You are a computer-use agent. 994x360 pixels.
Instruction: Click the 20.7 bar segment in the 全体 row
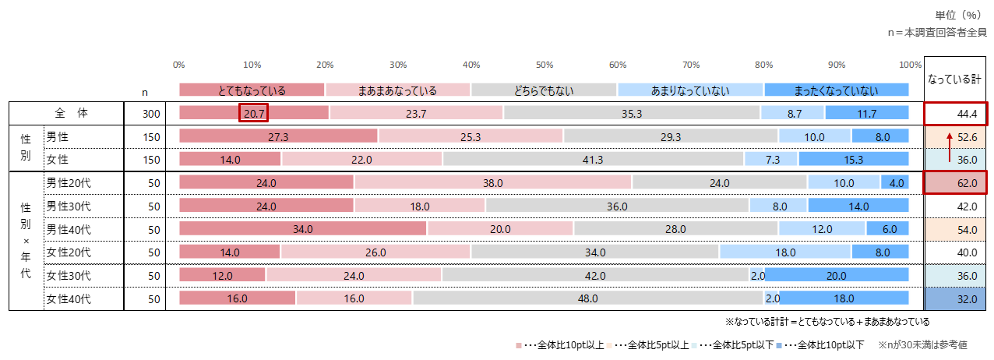254,114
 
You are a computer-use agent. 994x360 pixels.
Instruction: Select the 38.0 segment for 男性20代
492,183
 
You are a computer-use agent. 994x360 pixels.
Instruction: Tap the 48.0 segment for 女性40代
587,298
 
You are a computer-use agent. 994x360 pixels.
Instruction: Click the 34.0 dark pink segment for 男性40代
302,229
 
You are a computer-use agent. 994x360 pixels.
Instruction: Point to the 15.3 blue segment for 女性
853,160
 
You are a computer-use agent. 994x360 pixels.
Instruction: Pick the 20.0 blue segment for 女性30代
837,276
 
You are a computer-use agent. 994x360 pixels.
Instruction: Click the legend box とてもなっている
252,90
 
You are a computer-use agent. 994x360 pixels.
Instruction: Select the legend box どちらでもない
544,90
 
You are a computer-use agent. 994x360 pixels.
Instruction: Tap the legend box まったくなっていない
836,90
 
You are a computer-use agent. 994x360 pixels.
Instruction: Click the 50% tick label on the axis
544,65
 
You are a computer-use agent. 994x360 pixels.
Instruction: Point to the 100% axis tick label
909,65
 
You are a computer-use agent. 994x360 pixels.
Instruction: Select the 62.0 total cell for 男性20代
955,183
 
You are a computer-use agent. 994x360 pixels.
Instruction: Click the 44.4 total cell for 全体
955,114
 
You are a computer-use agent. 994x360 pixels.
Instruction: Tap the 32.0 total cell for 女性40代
955,298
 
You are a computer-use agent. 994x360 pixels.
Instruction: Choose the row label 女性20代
69,252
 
